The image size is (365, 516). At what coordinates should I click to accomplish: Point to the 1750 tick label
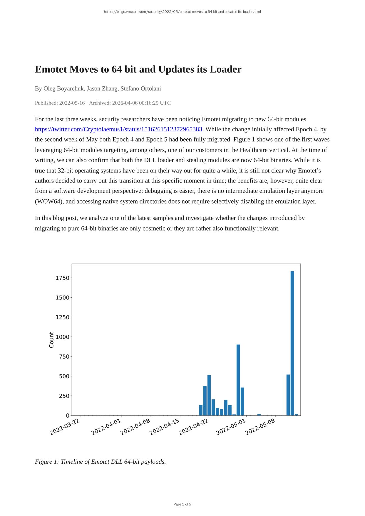tap(62, 278)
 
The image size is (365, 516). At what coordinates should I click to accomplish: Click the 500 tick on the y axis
tap(64, 376)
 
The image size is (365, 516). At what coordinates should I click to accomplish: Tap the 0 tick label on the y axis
tap(68, 416)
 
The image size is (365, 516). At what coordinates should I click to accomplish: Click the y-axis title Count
tap(51, 340)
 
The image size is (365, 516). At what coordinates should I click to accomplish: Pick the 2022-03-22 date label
tap(65, 427)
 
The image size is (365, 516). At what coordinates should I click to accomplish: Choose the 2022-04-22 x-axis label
tap(194, 427)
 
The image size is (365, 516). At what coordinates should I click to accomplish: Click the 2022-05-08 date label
tap(260, 427)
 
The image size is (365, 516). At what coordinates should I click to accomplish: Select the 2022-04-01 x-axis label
tap(106, 427)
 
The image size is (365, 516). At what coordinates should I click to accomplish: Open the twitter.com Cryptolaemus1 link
tap(118, 129)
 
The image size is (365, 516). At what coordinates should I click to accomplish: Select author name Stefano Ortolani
tap(141, 88)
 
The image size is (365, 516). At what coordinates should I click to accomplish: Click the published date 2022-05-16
tap(72, 103)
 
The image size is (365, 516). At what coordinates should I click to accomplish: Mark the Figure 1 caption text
tap(100, 462)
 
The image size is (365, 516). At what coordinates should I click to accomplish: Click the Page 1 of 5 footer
tap(182, 504)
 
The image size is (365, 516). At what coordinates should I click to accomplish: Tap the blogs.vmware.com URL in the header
tap(182, 12)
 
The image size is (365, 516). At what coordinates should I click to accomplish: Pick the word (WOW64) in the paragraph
tap(48, 202)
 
